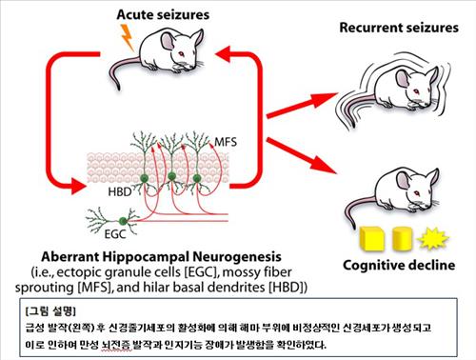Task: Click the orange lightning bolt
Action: pos(128,37)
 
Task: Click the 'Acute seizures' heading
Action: pos(163,14)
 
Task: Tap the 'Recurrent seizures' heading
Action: pos(399,28)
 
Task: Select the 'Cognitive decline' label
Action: pos(399,265)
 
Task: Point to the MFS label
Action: pos(226,142)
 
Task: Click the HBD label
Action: pos(120,192)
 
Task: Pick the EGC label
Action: pos(115,234)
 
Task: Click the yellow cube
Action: pos(371,238)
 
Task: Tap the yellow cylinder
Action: pos(402,238)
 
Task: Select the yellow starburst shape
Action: pos(432,238)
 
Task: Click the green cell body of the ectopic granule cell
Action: pos(123,221)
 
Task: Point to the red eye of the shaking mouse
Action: pos(416,92)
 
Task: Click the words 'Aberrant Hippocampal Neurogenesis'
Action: pos(161,256)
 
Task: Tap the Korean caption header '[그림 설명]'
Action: pos(50,311)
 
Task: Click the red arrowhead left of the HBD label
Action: pos(78,186)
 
